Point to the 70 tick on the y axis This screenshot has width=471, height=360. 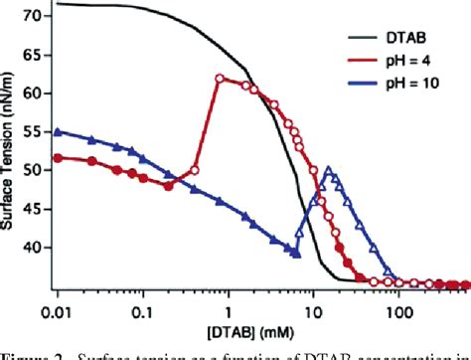coord(37,17)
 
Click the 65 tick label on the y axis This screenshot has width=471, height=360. coord(37,56)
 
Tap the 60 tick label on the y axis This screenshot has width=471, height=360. coord(37,93)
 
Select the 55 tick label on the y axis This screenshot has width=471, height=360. coord(37,132)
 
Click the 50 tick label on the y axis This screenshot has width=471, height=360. coord(37,170)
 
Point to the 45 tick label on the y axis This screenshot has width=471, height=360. coord(37,209)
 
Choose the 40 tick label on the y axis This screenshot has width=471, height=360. coord(37,248)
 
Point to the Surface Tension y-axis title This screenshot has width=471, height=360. coord(10,149)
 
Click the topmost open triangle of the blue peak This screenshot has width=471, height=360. coord(330,172)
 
